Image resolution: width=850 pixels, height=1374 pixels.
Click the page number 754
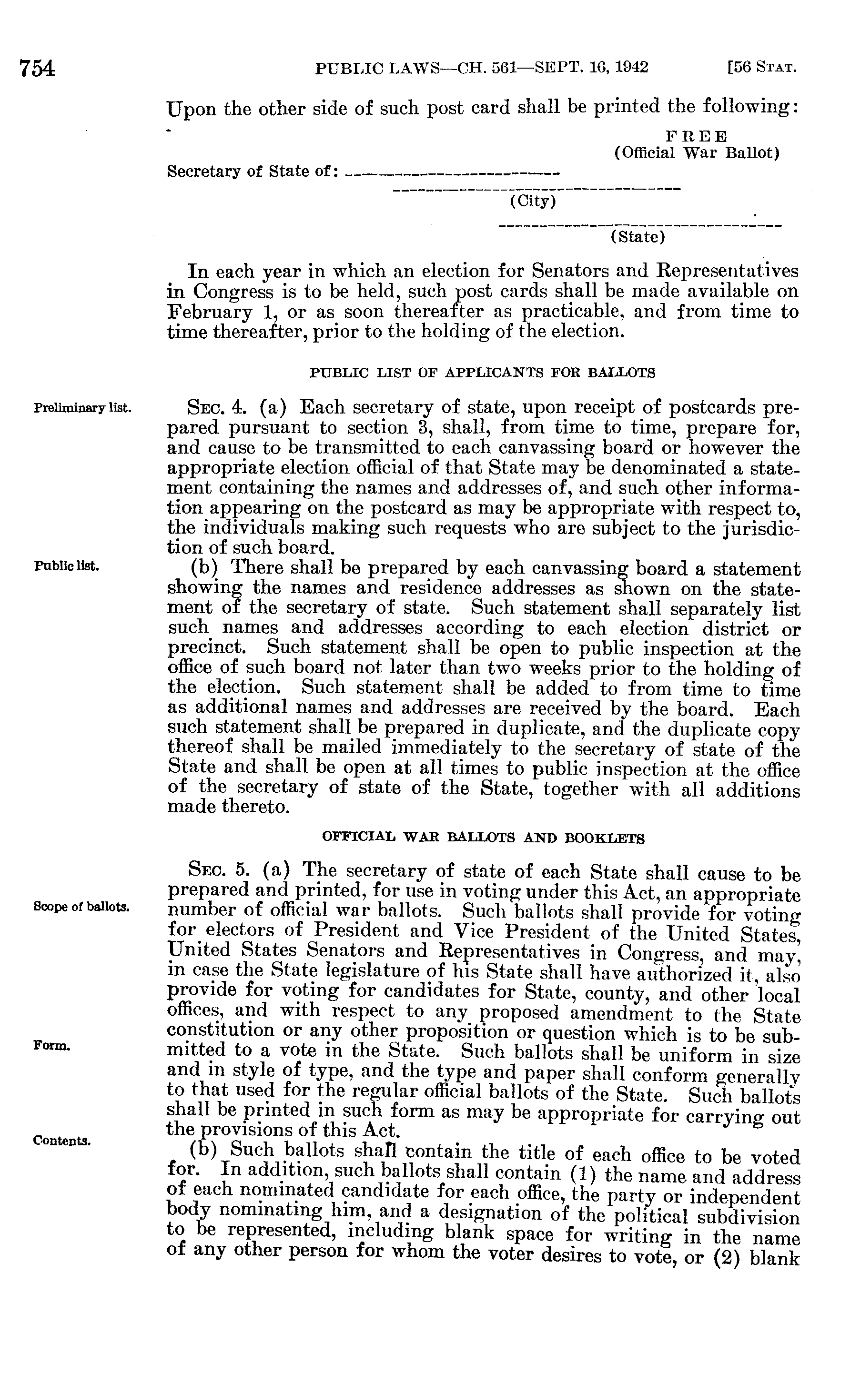tap(37, 69)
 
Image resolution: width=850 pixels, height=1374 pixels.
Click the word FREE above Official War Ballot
tap(697, 137)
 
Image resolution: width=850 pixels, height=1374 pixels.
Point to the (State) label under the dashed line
tap(637, 237)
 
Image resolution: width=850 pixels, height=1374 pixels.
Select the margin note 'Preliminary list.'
tap(82, 407)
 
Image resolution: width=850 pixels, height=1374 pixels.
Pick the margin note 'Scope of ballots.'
tap(81, 907)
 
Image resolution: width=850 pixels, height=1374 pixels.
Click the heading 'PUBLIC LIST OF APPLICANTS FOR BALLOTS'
tap(483, 373)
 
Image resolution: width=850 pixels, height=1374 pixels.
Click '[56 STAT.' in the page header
tap(762, 69)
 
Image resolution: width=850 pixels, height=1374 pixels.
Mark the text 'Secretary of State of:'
tap(253, 172)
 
